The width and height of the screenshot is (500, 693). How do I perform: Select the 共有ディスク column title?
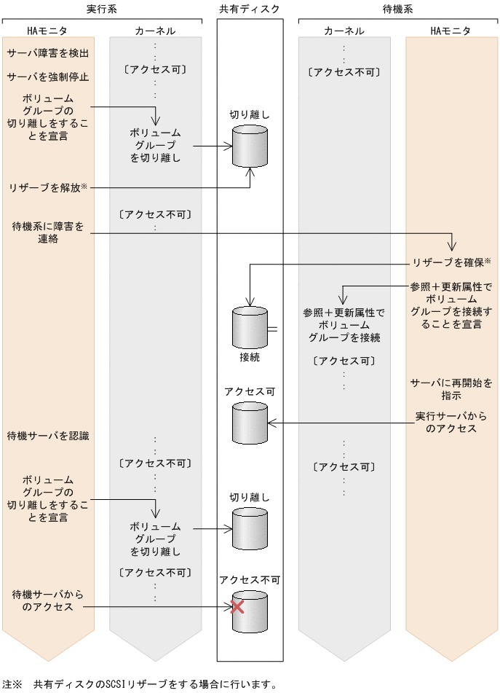250,8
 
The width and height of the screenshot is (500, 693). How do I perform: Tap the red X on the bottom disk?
237,606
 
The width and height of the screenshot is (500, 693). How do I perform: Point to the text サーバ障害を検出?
48,53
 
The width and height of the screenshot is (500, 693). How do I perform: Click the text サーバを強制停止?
48,77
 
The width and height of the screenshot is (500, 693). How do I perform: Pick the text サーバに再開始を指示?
451,388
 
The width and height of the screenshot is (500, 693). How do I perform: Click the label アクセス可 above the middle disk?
250,391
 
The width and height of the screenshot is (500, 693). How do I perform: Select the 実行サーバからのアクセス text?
451,423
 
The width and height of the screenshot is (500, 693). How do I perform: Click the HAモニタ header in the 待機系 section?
451,31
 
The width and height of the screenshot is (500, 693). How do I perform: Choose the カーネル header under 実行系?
155,31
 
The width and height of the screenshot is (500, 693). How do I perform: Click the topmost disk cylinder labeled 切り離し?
250,146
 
